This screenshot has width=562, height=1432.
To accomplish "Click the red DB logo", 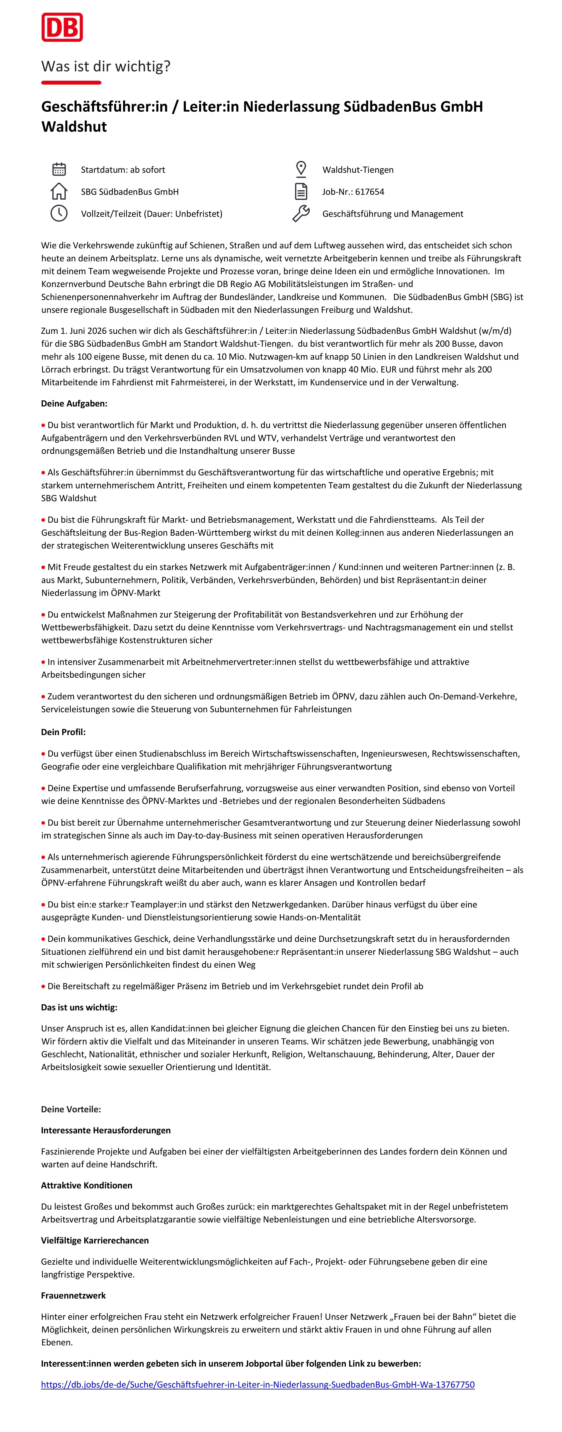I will [x=62, y=27].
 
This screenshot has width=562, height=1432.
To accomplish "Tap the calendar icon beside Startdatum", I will [x=59, y=170].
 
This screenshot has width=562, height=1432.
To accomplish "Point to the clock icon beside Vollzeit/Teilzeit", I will [x=59, y=214].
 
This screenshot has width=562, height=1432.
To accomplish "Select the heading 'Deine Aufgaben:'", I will [x=74, y=404].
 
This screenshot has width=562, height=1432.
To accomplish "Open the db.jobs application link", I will [x=258, y=1385].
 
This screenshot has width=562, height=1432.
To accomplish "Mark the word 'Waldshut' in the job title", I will [x=74, y=127].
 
